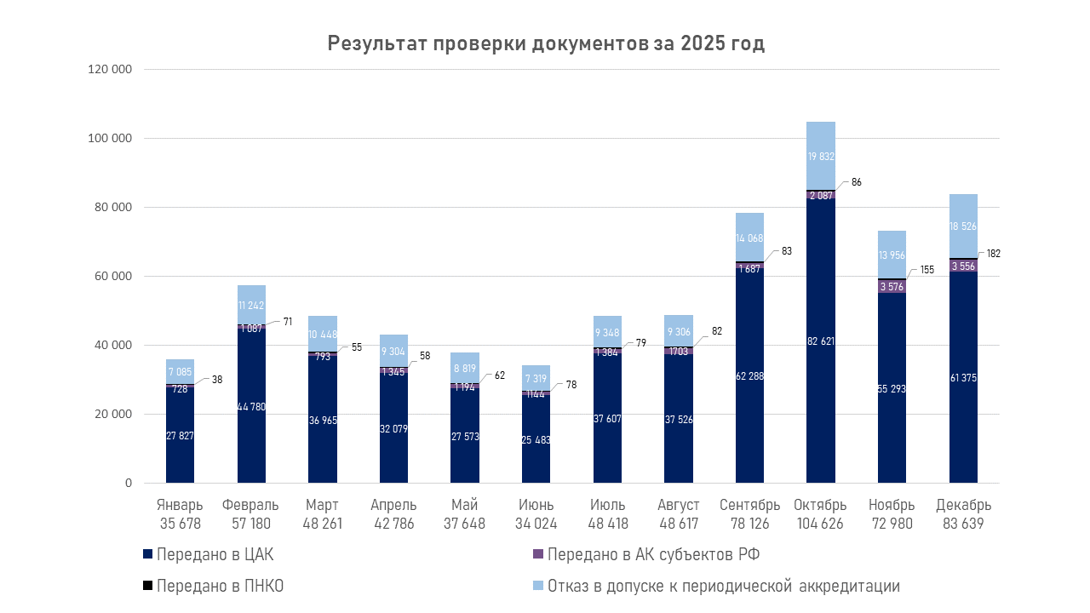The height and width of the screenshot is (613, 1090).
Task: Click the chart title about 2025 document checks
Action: [x=546, y=44]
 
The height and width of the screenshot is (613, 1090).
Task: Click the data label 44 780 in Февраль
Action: [x=251, y=406]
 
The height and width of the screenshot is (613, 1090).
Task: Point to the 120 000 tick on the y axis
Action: [x=110, y=69]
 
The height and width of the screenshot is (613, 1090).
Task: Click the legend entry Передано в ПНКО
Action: [x=220, y=587]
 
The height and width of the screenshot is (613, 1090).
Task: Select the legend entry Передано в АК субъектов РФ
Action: [x=653, y=555]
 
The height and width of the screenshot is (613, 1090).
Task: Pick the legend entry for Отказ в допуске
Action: [x=723, y=587]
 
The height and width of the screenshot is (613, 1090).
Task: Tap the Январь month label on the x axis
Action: [x=180, y=505]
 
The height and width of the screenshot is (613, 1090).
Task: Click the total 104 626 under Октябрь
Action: [x=819, y=524]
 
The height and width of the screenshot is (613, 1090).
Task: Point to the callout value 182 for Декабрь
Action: [x=992, y=254]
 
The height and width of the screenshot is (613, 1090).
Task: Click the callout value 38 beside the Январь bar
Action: [x=217, y=381]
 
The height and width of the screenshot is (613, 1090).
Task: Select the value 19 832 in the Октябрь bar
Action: [x=820, y=157]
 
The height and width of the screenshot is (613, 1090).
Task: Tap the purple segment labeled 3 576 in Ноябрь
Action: [x=892, y=286]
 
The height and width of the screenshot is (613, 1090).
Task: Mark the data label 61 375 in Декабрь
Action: [x=963, y=377]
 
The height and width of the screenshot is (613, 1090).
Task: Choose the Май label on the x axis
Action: [x=464, y=505]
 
